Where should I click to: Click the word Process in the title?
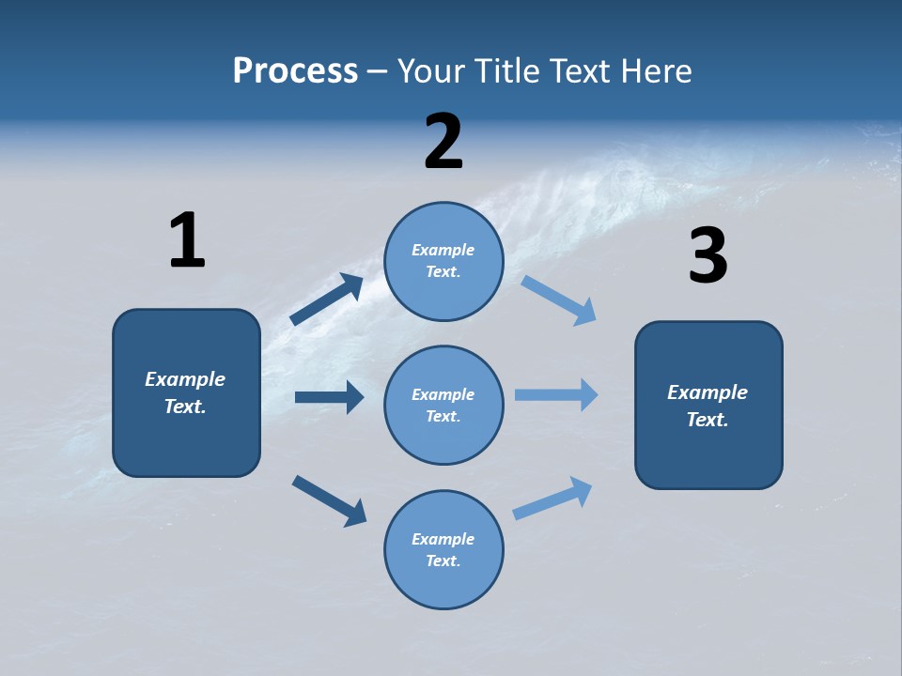(x=295, y=71)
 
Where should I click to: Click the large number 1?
(x=187, y=240)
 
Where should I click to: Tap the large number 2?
(x=443, y=142)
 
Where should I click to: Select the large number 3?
(x=708, y=256)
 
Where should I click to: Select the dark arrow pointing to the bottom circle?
(x=329, y=500)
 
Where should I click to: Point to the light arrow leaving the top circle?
(x=558, y=300)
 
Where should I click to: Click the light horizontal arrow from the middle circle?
(x=556, y=394)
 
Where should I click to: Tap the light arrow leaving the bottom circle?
(x=553, y=498)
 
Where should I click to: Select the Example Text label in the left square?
(x=185, y=392)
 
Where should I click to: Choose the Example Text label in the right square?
(x=708, y=406)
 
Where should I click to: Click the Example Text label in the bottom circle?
(x=443, y=549)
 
